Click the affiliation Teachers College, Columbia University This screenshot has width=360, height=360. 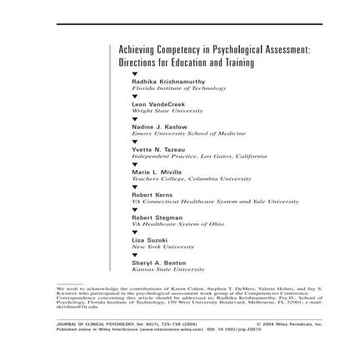click(x=191, y=178)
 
